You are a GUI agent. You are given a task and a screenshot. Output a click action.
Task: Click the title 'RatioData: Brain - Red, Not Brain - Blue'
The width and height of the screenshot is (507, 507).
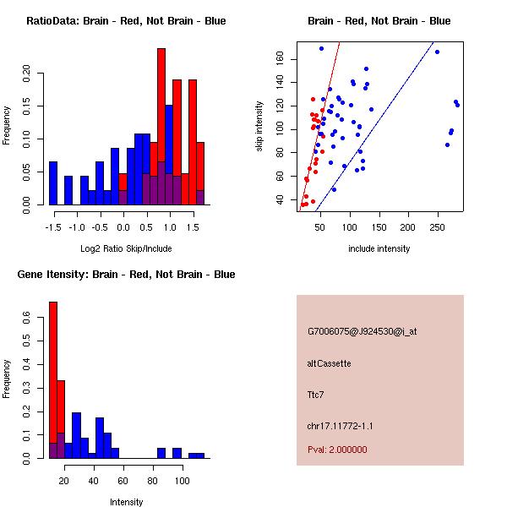pos(126,21)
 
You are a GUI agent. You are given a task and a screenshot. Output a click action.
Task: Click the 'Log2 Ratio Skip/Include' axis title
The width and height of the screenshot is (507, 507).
pos(126,248)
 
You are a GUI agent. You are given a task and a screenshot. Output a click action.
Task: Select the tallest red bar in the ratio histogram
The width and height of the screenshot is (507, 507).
pos(161,127)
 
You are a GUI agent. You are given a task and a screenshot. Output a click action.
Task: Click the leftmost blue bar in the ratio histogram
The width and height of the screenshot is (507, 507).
pos(53,183)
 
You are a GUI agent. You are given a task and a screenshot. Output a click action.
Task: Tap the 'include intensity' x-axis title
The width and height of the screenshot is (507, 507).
pos(379,248)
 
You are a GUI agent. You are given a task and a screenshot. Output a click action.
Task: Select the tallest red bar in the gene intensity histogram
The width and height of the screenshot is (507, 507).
pos(53,380)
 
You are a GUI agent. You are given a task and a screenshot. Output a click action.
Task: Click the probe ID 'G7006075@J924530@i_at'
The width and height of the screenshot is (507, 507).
pos(362,331)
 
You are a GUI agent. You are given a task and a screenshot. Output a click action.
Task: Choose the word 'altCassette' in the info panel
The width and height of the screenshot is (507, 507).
pos(330,363)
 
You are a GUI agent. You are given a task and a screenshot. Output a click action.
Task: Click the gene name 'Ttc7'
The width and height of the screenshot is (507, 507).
pos(316,394)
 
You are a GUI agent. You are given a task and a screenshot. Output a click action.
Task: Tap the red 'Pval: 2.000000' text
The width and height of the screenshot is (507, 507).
pos(337,450)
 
